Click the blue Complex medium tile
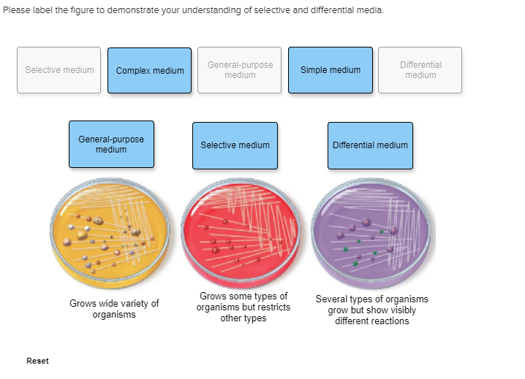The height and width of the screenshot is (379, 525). coord(149,70)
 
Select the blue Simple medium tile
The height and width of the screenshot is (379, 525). coord(330,70)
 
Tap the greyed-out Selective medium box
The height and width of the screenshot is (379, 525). coord(59,70)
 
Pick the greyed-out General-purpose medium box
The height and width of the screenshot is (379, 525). coord(239,70)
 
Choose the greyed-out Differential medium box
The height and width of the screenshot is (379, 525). coord(420,70)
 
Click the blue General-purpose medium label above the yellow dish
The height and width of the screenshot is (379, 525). coord(111,144)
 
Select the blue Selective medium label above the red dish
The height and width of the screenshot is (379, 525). coord(235,145)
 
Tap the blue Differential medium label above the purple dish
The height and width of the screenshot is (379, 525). coord(370,145)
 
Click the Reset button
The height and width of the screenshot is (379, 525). coord(37,361)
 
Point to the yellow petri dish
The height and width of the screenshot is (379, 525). coord(110,232)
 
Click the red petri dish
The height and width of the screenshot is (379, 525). coord(241,232)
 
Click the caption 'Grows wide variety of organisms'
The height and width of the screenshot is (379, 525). coord(114,309)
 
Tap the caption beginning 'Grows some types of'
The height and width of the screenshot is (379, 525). coord(243,307)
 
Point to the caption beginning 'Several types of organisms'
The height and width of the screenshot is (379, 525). coord(372,310)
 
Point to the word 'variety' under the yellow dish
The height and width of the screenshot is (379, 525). coord(134,303)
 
